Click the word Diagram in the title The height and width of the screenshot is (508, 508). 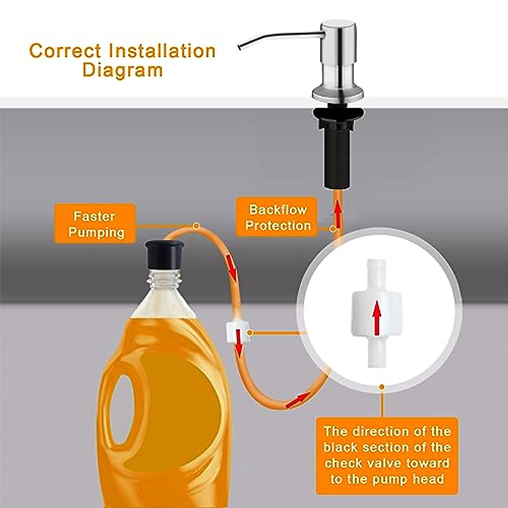pos(122,70)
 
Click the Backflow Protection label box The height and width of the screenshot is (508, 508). pos(278,217)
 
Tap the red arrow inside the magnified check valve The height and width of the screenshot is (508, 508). pos(376,317)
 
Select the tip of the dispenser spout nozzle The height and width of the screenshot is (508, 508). pos(240,47)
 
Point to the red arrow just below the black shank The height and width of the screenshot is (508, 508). pos(338,210)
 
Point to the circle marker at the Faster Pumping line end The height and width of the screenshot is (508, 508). pos(196,226)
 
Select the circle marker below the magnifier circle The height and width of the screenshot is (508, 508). pos(382,386)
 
